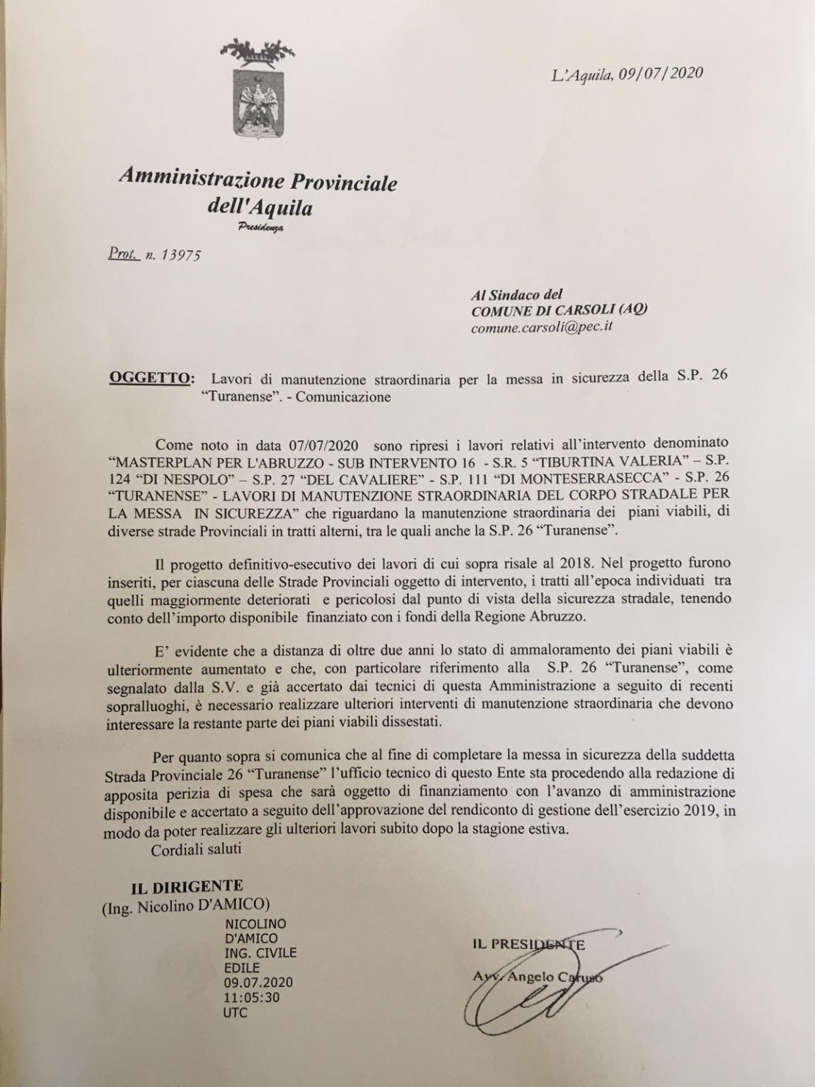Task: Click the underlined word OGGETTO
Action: (148, 377)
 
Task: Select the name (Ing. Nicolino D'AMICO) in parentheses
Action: (187, 906)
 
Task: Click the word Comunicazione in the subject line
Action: (343, 396)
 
